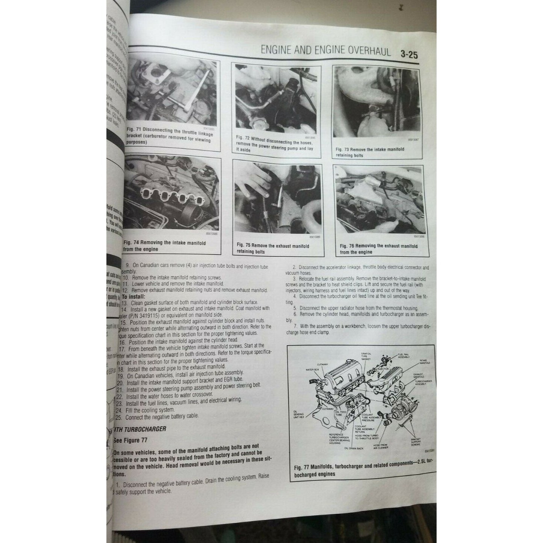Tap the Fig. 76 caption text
(x=378, y=249)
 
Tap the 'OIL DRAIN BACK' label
(x=352, y=448)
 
